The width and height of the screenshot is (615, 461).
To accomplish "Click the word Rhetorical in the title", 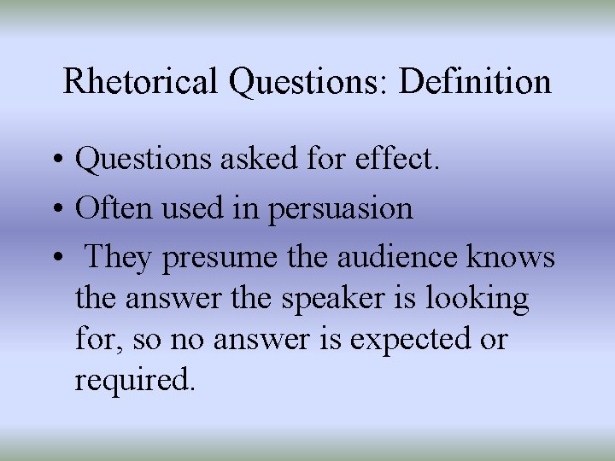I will pyautogui.click(x=141, y=82).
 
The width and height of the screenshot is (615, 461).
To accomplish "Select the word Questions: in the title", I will pyautogui.click(x=311, y=82).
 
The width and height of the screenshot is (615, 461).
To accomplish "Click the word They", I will pyautogui.click(x=120, y=257).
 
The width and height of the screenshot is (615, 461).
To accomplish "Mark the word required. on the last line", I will pyautogui.click(x=135, y=381).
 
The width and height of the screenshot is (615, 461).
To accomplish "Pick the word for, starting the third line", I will pyautogui.click(x=95, y=340).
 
